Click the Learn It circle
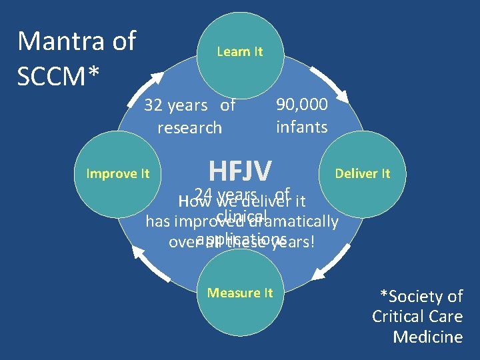pyautogui.click(x=240, y=51)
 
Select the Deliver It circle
pyautogui.click(x=362, y=174)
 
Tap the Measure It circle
pyautogui.click(x=240, y=293)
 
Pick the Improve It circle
pyautogui.click(x=118, y=174)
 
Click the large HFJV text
pyautogui.click(x=240, y=171)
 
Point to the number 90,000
pyautogui.click(x=302, y=105)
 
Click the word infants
pyautogui.click(x=302, y=127)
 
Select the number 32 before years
pyautogui.click(x=155, y=105)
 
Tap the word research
pyautogui.click(x=189, y=127)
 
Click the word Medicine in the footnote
pyautogui.click(x=427, y=337)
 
